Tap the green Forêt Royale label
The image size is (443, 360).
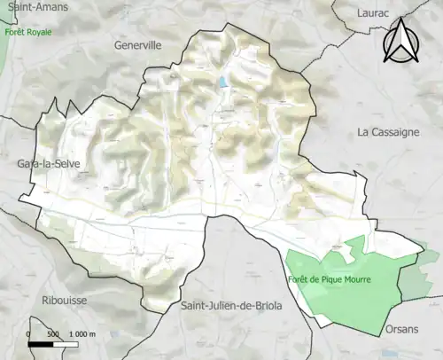[28, 32]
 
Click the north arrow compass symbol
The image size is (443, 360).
[401, 42]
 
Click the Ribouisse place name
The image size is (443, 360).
[64, 300]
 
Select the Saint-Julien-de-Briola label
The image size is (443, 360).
[230, 306]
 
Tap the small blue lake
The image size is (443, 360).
[221, 82]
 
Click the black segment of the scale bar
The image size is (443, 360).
[41, 344]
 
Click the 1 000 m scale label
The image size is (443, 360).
[82, 333]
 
